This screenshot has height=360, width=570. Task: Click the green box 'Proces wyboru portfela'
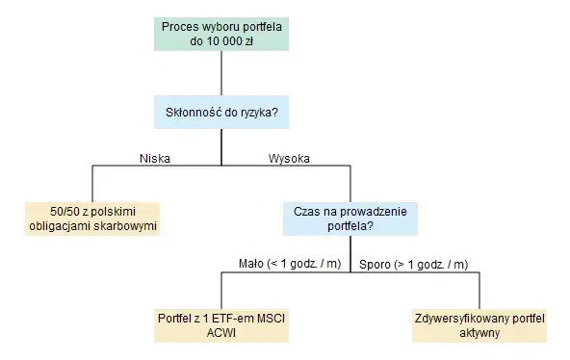(221, 34)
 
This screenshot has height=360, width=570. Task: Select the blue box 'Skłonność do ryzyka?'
(221, 113)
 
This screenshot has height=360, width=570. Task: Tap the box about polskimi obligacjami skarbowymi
(92, 219)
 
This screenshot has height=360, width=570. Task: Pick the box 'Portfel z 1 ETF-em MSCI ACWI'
(221, 325)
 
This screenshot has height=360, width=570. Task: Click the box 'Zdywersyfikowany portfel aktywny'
(479, 325)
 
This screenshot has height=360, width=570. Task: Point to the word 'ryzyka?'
(269, 113)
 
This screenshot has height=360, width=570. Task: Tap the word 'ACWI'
(221, 333)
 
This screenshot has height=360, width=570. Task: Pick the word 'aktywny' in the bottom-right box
(479, 333)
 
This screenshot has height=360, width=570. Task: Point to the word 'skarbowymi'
(122, 226)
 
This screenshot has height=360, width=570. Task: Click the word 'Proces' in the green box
(180, 26)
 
